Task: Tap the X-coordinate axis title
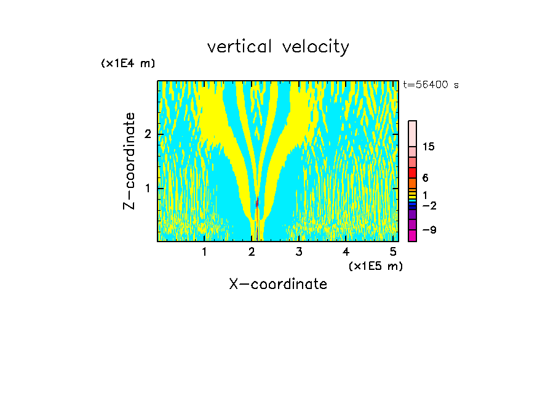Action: coord(278,284)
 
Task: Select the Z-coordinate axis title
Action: coord(129,161)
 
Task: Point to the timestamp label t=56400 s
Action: coord(431,85)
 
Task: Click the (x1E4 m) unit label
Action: coord(128,63)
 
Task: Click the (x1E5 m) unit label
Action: coord(375,266)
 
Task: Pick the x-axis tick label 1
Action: coord(204,251)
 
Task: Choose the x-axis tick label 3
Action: coord(299,251)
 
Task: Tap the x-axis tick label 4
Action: coord(346,251)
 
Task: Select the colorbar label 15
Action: coord(429,147)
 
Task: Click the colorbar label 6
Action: coord(425,177)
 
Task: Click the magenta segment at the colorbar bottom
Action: coord(412,235)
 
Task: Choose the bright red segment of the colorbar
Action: coord(412,173)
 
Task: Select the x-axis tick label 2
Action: coord(252,251)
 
